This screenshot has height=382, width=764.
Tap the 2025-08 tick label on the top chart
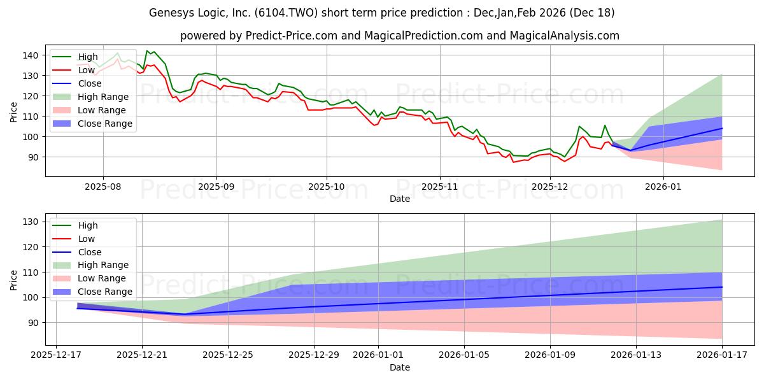(103, 187)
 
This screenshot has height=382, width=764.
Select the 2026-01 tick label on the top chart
(663, 187)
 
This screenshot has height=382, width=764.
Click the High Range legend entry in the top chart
(103, 97)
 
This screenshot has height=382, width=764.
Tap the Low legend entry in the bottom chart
(87, 239)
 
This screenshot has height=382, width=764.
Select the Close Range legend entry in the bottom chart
(105, 292)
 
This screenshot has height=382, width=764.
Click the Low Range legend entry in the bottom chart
(103, 278)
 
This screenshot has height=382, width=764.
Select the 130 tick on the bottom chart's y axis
(32, 222)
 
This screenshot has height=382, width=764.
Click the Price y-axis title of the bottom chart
(14, 278)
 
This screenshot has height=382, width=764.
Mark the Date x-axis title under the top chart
(399, 199)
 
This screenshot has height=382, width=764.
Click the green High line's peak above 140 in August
(147, 51)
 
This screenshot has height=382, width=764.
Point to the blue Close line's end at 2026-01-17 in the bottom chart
(722, 287)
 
